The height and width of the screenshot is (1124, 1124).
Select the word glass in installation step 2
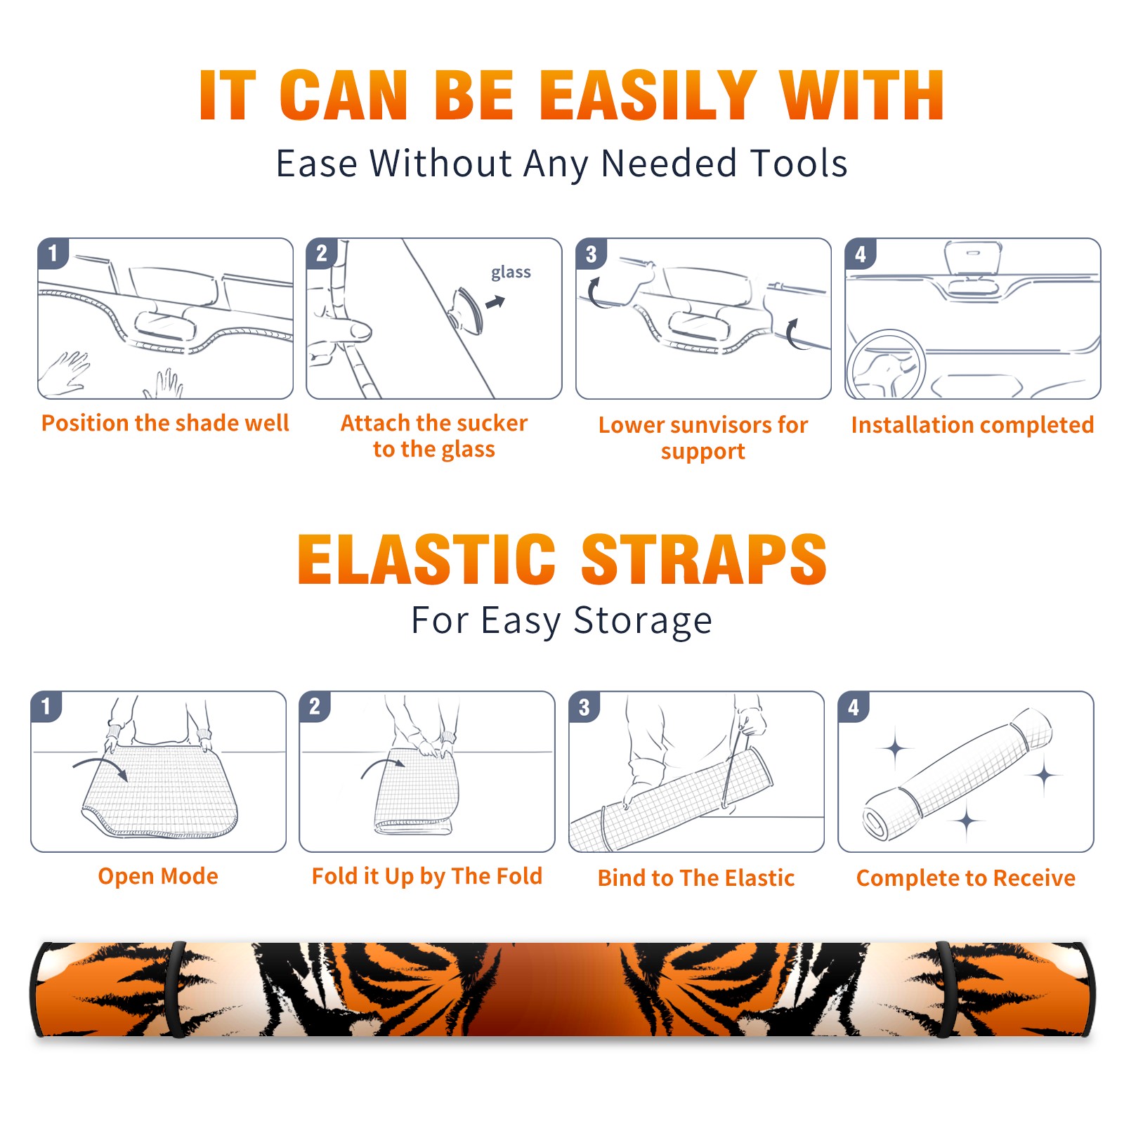pyautogui.click(x=511, y=273)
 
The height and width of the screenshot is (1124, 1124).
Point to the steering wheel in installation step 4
pyautogui.click(x=886, y=365)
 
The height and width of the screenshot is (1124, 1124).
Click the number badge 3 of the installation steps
pyautogui.click(x=591, y=254)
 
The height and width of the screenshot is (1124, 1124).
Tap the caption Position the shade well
pyautogui.click(x=165, y=423)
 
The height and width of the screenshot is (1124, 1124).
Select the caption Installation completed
pyautogui.click(x=972, y=424)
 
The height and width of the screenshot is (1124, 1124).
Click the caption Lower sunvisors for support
pyautogui.click(x=703, y=438)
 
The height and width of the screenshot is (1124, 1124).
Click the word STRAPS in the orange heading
pyautogui.click(x=704, y=559)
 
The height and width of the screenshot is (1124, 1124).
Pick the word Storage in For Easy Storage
pyautogui.click(x=643, y=621)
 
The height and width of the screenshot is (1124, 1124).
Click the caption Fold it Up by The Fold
pyautogui.click(x=427, y=876)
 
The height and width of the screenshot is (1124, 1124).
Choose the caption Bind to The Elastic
pyautogui.click(x=696, y=878)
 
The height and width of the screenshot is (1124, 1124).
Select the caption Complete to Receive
pyautogui.click(x=966, y=878)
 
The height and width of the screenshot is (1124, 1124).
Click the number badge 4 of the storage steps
pyautogui.click(x=854, y=707)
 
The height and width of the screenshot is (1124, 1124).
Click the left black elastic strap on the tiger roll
pyautogui.click(x=176, y=990)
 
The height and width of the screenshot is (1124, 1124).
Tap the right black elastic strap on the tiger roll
pyautogui.click(x=943, y=990)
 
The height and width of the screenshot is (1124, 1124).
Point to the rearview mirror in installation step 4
pyautogui.click(x=973, y=260)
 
